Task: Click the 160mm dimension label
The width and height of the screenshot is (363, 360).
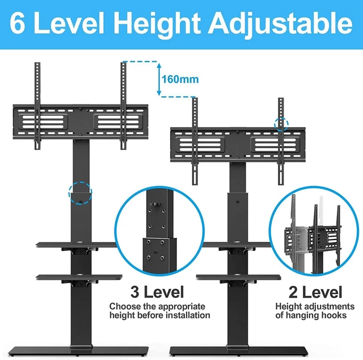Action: tap(180, 79)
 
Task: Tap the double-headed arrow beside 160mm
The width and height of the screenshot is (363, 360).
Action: tap(159, 79)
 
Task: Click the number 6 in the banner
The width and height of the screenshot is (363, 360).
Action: tap(18, 23)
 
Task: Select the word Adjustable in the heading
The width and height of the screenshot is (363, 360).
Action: tap(280, 24)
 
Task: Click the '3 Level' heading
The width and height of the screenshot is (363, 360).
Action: tap(157, 292)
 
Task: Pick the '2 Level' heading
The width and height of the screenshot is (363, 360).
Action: tap(315, 292)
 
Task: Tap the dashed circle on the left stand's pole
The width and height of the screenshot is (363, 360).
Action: tap(81, 182)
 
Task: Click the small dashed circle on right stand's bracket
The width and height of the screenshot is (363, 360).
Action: tap(281, 118)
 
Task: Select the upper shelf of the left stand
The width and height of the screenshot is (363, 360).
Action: tap(77, 244)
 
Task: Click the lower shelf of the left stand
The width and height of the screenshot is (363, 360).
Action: tap(79, 277)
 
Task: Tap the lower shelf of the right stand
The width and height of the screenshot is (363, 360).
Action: tap(238, 277)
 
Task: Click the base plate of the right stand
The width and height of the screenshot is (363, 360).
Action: tap(237, 350)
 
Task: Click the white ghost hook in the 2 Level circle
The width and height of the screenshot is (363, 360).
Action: tap(321, 210)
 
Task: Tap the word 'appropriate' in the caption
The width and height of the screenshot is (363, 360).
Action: tap(181, 307)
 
